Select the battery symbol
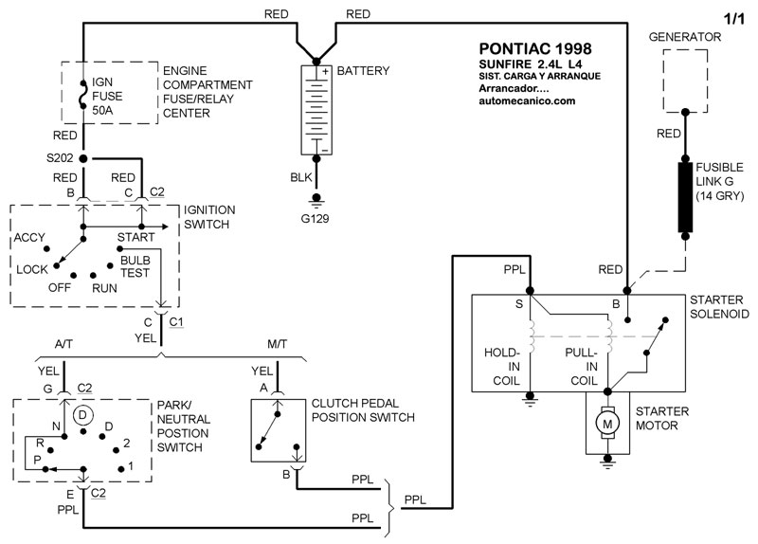pos(316,109)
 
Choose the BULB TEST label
pos(135,264)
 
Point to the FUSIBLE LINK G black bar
pos(684,197)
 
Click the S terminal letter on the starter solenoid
pos(518,304)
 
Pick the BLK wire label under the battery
pos(301,177)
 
